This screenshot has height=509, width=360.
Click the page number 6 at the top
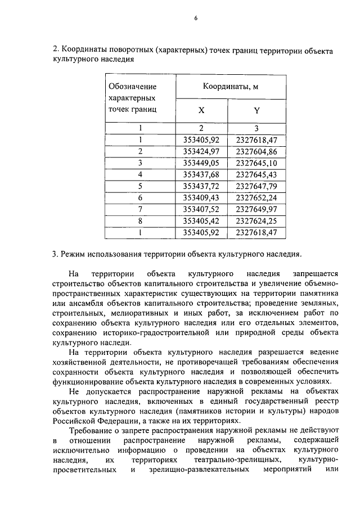[196, 18]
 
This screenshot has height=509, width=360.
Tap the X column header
[201, 111]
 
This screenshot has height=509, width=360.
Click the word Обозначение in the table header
[133, 87]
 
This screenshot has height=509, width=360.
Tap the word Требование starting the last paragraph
[93, 431]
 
